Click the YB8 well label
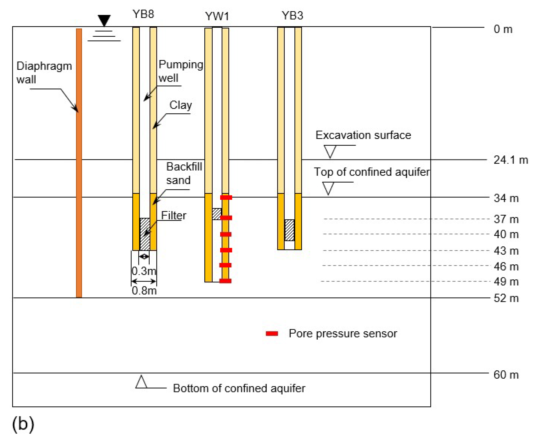point(143,14)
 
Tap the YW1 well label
point(217,16)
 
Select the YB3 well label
point(292,16)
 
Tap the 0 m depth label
point(503,29)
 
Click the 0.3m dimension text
point(144,271)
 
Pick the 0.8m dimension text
point(144,291)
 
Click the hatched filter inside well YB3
point(289,230)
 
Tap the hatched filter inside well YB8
point(145,234)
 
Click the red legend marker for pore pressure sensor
point(272,334)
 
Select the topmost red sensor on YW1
point(226,198)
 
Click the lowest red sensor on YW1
point(225,281)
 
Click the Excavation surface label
point(363,135)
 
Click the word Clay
point(181,105)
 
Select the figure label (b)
point(23,424)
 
